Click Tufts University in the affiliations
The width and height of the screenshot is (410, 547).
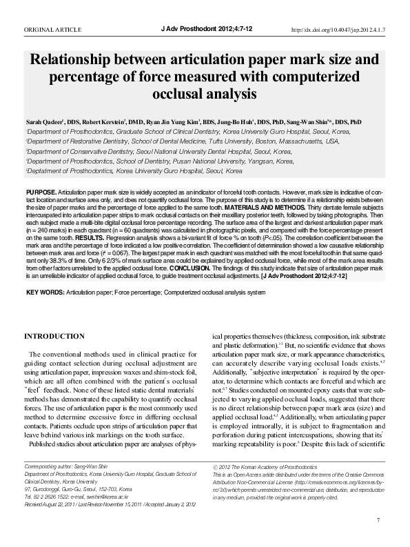click(264, 141)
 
